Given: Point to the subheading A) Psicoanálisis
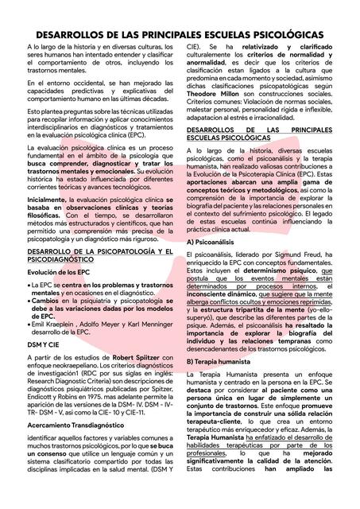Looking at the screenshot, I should tap(211, 241).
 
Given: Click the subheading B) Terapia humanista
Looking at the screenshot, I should tap(219, 362).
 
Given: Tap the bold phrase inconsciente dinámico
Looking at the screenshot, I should tap(221, 294).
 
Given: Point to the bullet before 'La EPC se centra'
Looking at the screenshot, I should tap(29, 285).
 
